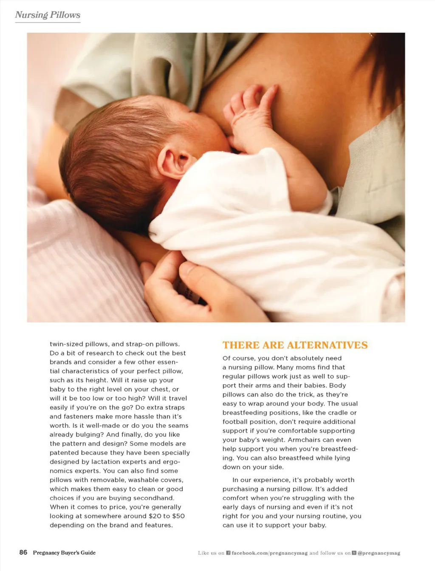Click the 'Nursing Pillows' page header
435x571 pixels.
pyautogui.click(x=48, y=15)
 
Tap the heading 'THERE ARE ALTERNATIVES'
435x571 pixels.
pyautogui.click(x=295, y=345)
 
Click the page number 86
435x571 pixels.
pyautogui.click(x=23, y=552)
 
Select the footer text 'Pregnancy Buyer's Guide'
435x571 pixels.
pyautogui.click(x=64, y=553)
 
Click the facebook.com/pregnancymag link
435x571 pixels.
pyautogui.click(x=269, y=553)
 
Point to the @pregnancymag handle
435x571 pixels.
pyautogui.click(x=379, y=553)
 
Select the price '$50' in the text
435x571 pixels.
pyautogui.click(x=178, y=516)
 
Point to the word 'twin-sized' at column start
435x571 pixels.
pyautogui.click(x=66, y=344)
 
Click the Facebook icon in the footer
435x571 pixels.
pyautogui.click(x=228, y=553)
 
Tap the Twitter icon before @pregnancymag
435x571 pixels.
pyautogui.click(x=354, y=553)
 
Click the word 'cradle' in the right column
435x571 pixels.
pyautogui.click(x=337, y=413)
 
